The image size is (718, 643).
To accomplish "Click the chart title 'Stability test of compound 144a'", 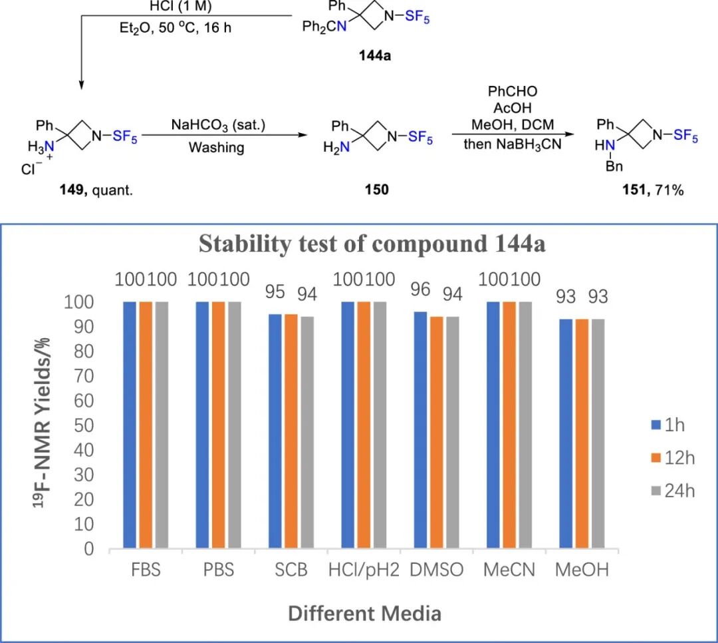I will [x=372, y=244].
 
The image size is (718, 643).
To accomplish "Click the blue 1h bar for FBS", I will [x=130, y=425].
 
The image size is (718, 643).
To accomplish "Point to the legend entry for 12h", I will [x=672, y=457].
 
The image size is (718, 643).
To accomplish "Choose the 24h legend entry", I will [x=672, y=491].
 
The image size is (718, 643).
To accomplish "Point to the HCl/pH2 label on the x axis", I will [x=364, y=572].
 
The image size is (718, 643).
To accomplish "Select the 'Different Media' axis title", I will [x=364, y=613].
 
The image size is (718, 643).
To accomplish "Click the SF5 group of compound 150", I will [x=419, y=137].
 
